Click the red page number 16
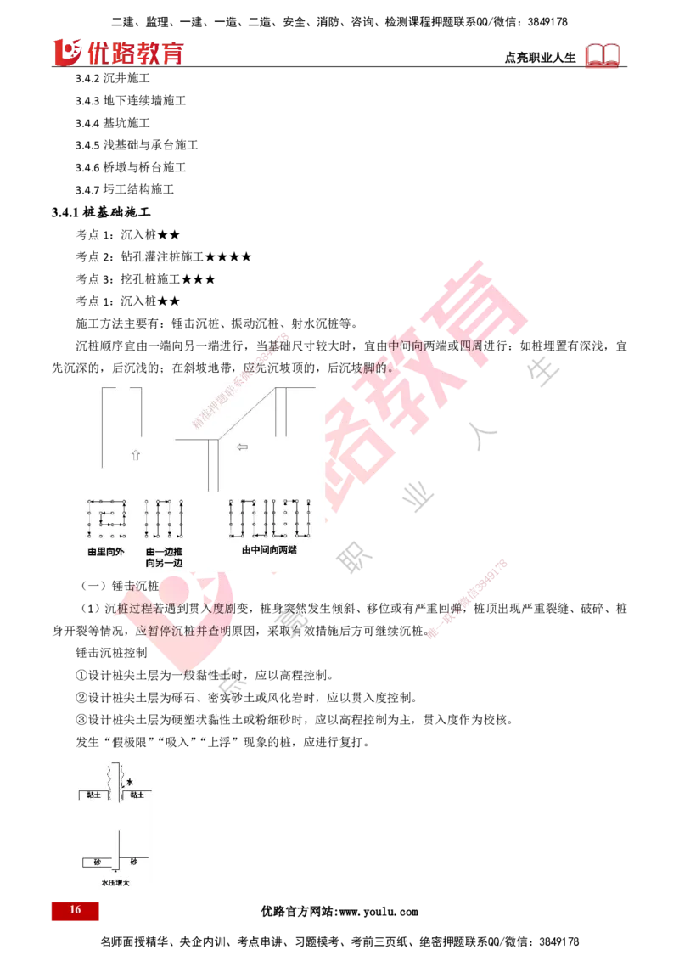pyautogui.click(x=75, y=910)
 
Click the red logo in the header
pyautogui.click(x=118, y=52)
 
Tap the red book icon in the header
pyautogui.click(x=603, y=56)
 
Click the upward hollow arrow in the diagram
pyautogui.click(x=135, y=455)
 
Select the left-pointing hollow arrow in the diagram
pyautogui.click(x=241, y=447)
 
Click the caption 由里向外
pyautogui.click(x=105, y=551)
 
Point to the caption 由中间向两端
pyautogui.click(x=274, y=550)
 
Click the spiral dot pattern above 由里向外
pyautogui.click(x=106, y=519)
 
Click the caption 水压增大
pyautogui.click(x=115, y=883)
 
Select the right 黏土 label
pyautogui.click(x=137, y=795)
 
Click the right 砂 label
pyautogui.click(x=133, y=862)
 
